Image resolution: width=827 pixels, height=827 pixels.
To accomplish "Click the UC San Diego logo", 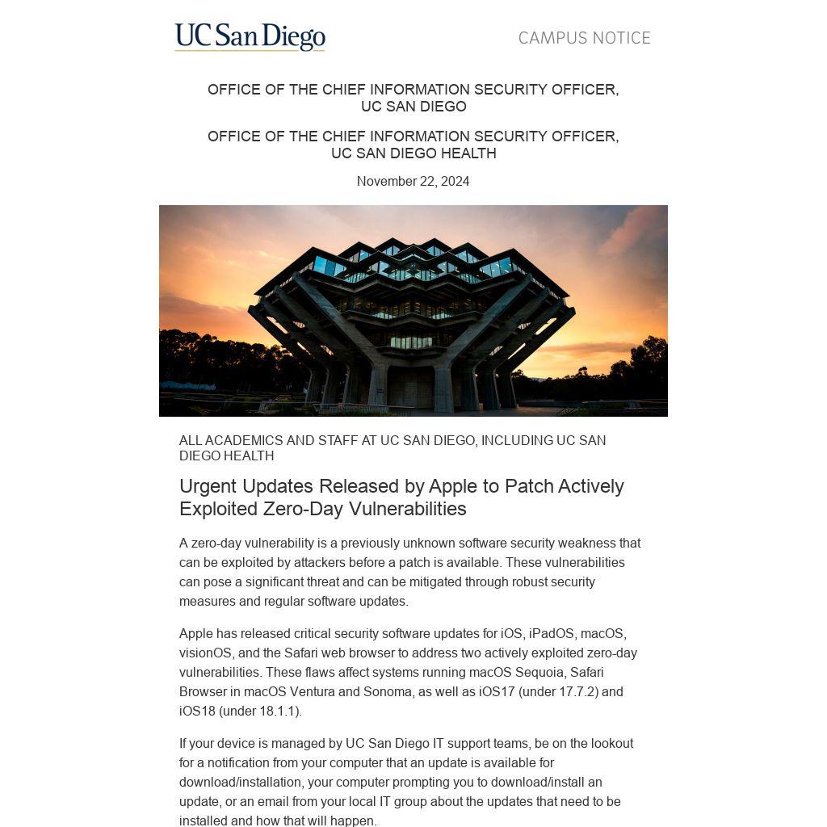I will [250, 37].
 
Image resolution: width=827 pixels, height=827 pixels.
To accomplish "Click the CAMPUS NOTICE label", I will [584, 38].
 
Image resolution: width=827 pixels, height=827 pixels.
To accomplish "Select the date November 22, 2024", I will [413, 181].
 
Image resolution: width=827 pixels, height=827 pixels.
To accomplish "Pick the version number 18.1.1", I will [275, 711].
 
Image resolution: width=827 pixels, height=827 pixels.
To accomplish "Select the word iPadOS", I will [552, 633].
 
